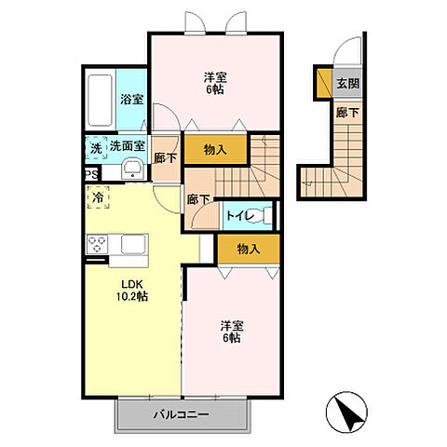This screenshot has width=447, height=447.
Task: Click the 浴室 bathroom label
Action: [132, 100]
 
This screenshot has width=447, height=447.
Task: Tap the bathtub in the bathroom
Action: [100, 101]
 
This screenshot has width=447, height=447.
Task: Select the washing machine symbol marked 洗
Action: [96, 148]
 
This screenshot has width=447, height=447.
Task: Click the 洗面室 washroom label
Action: [128, 146]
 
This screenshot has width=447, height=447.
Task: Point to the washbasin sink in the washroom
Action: [132, 169]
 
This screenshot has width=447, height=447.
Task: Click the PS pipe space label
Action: [91, 174]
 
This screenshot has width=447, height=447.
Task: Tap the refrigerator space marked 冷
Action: [98, 197]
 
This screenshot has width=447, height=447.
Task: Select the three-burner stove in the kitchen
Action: [98, 244]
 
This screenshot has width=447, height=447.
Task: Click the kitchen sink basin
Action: [134, 244]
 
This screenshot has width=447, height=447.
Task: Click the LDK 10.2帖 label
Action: [132, 291]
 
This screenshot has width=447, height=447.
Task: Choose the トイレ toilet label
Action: [240, 215]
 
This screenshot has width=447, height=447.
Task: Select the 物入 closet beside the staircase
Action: [216, 150]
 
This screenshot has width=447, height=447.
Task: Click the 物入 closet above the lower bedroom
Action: [249, 249]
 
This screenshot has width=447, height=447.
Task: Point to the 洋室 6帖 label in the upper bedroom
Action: [215, 83]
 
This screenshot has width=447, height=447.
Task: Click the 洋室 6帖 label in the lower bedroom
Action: [232, 332]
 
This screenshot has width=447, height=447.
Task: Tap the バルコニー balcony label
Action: [181, 414]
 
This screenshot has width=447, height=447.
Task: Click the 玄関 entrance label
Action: [348, 83]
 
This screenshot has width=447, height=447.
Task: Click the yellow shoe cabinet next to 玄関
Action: [324, 83]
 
